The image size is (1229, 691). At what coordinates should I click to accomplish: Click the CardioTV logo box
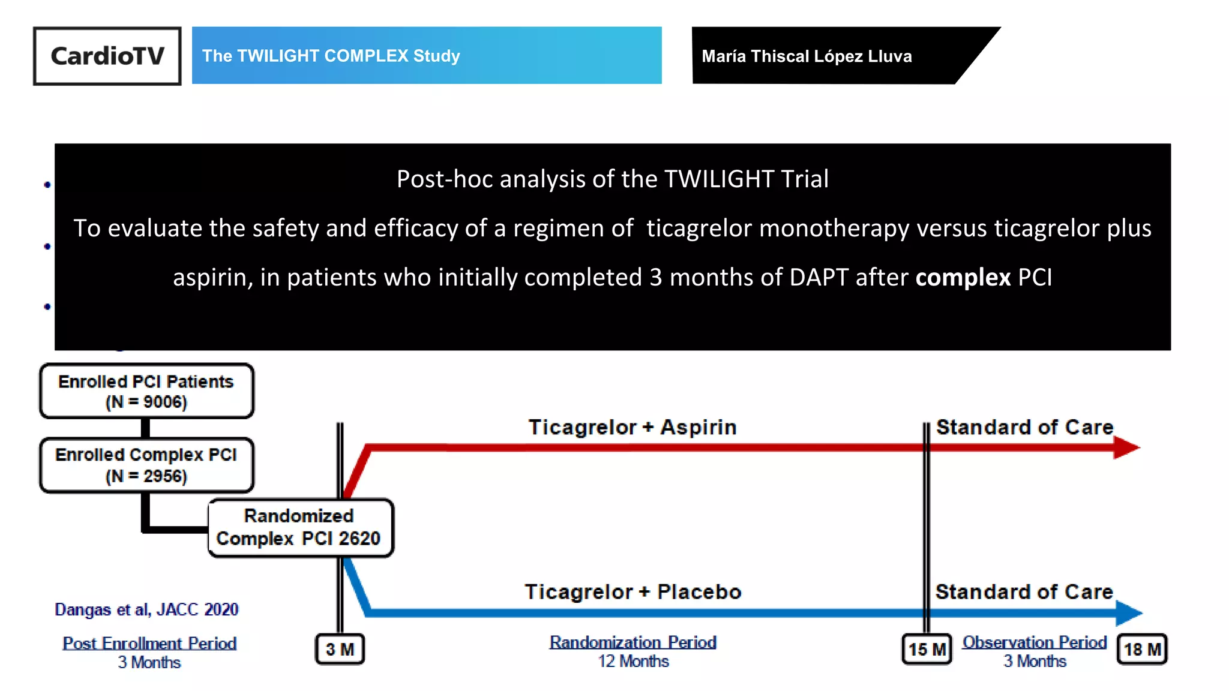pyautogui.click(x=107, y=56)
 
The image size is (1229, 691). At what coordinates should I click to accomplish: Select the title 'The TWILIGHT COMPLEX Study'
pyautogui.click(x=331, y=56)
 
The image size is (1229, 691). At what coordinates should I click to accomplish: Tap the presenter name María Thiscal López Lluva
pyautogui.click(x=807, y=56)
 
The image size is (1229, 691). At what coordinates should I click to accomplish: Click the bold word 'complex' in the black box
pyautogui.click(x=963, y=277)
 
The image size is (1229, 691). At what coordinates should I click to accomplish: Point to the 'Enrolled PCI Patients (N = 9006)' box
pyautogui.click(x=146, y=391)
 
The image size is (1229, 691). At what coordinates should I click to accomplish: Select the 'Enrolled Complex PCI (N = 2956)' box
pyautogui.click(x=146, y=465)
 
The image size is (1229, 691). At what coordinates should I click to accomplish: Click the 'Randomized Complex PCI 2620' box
pyautogui.click(x=299, y=528)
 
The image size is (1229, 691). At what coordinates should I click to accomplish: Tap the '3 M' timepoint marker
pyautogui.click(x=340, y=649)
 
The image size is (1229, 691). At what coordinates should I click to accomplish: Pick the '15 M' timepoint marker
pyautogui.click(x=927, y=649)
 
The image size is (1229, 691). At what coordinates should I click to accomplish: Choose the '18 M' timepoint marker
pyautogui.click(x=1142, y=649)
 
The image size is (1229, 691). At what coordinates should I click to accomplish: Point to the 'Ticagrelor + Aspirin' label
pyautogui.click(x=633, y=427)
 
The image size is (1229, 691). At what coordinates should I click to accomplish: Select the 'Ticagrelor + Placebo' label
pyautogui.click(x=633, y=592)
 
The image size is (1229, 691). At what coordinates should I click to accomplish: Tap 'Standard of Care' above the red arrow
pyautogui.click(x=1025, y=427)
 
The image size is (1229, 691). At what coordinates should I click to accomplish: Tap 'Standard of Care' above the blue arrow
pyautogui.click(x=1024, y=592)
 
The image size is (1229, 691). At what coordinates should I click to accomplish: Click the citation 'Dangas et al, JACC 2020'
pyautogui.click(x=146, y=609)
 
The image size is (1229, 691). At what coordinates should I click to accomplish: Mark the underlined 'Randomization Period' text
pyautogui.click(x=633, y=642)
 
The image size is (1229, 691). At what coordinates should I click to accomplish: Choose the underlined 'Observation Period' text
pyautogui.click(x=1035, y=642)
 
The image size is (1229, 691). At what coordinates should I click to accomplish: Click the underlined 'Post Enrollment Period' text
pyautogui.click(x=149, y=644)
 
